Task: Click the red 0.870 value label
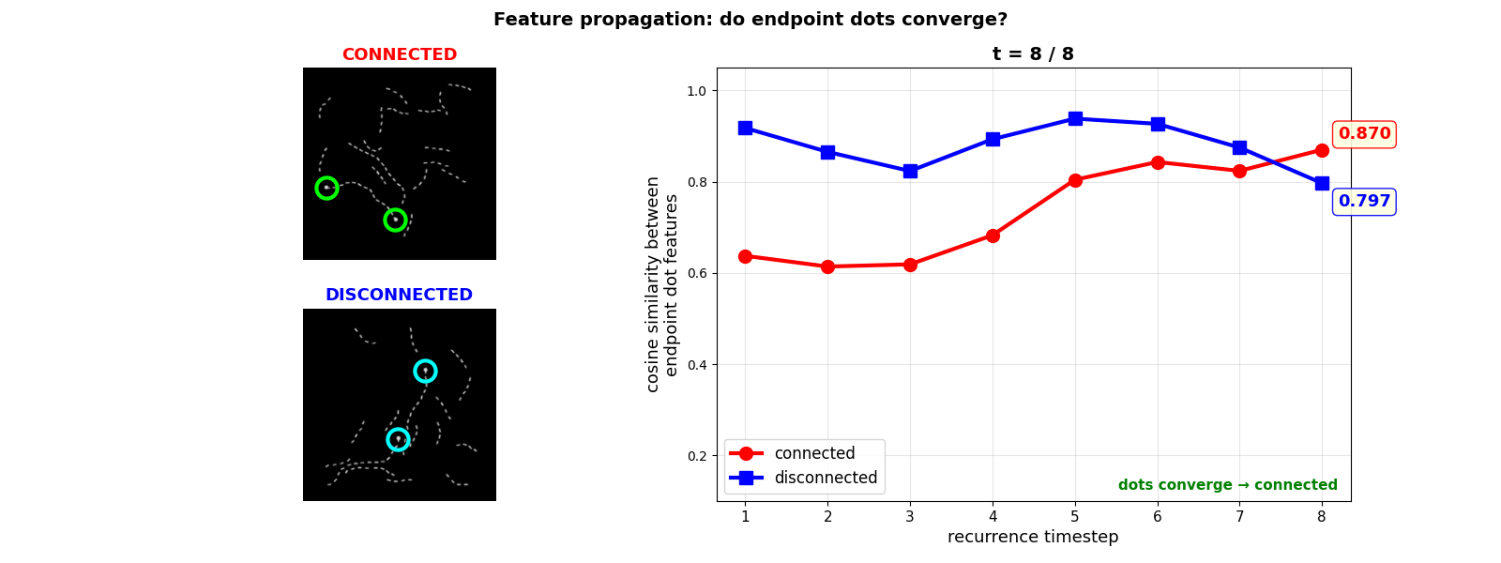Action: coord(1364,134)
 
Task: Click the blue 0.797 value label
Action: coord(1364,202)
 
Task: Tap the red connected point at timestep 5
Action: coord(1075,180)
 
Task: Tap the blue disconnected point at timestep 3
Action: coord(910,172)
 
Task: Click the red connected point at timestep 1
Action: coord(745,256)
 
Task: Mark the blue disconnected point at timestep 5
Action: coord(1075,118)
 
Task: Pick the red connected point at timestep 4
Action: coord(993,236)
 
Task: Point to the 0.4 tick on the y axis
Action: coord(696,365)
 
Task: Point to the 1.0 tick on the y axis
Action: coord(696,91)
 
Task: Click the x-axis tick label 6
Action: coord(1158,516)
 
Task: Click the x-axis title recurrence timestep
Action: coord(1033,537)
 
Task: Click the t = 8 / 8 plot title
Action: coord(1033,54)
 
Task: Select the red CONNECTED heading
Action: coord(399,54)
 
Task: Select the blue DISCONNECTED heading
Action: coord(399,295)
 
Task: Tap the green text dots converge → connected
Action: coord(1227,485)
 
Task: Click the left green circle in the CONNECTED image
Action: coord(326,188)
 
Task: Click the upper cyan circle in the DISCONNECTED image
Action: coord(425,371)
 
